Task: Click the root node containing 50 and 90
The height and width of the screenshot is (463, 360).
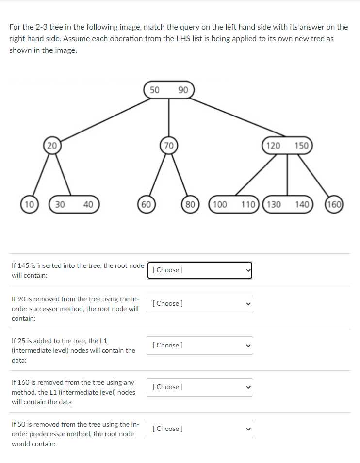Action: (x=168, y=90)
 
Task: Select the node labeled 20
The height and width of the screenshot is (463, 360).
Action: (x=52, y=145)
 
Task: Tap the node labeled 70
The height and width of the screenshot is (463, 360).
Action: (x=168, y=145)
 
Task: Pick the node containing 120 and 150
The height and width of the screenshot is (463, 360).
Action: (x=287, y=145)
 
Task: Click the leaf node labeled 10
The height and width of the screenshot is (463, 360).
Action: (x=29, y=204)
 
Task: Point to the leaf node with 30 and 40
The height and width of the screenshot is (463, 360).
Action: (x=74, y=204)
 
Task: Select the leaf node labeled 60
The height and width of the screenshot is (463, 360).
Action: (x=146, y=204)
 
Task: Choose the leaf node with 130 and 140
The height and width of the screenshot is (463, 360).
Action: (x=287, y=204)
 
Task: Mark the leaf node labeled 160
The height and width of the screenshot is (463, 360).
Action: (x=334, y=204)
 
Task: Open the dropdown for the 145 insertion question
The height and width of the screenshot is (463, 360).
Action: (x=200, y=270)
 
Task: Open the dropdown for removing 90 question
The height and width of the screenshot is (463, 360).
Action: (x=200, y=304)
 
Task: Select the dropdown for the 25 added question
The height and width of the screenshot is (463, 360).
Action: (x=200, y=346)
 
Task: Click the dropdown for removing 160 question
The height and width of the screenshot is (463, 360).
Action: (x=200, y=387)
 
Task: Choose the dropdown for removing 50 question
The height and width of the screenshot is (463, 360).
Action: (x=200, y=429)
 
